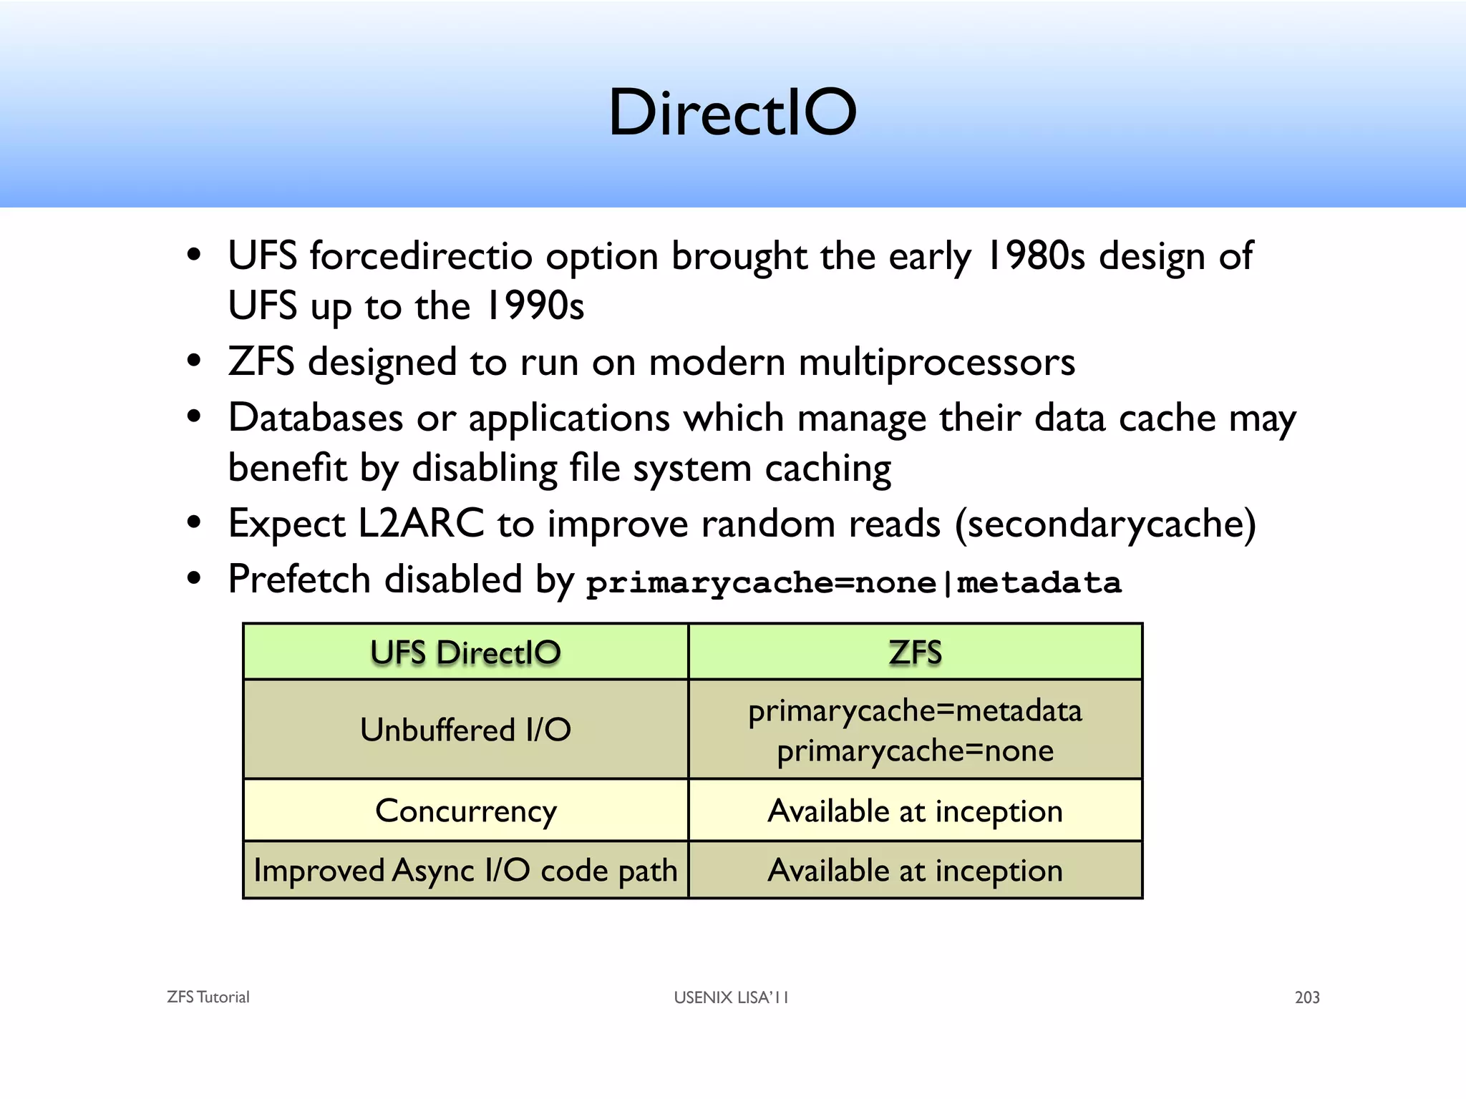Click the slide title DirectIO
(x=732, y=112)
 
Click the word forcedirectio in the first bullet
(x=421, y=256)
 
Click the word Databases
(x=316, y=418)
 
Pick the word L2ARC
(x=421, y=524)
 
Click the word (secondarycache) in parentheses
(x=1105, y=524)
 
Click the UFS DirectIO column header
(x=465, y=653)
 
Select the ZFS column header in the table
(x=915, y=653)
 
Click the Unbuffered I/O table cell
(x=465, y=730)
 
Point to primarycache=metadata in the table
(x=915, y=711)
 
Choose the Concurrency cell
(x=465, y=811)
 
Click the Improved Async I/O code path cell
(x=465, y=871)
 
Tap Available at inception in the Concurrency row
(x=915, y=811)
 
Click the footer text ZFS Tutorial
(x=208, y=997)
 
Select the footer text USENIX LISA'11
(x=731, y=997)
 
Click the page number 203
(x=1307, y=997)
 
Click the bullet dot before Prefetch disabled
(x=194, y=579)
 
